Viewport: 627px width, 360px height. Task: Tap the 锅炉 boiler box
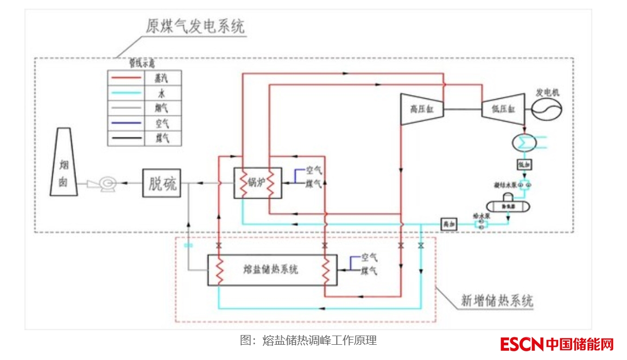(257, 183)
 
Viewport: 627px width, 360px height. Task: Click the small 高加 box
(448, 223)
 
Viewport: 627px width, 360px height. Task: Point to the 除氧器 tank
(508, 206)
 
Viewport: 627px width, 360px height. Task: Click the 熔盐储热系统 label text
(271, 269)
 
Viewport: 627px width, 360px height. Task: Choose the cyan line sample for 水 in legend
(125, 93)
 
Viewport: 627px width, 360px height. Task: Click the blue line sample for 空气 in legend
(125, 123)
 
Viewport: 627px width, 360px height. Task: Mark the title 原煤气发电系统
(195, 26)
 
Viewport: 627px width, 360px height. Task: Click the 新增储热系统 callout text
(497, 300)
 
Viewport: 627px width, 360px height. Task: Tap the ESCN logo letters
(522, 344)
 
